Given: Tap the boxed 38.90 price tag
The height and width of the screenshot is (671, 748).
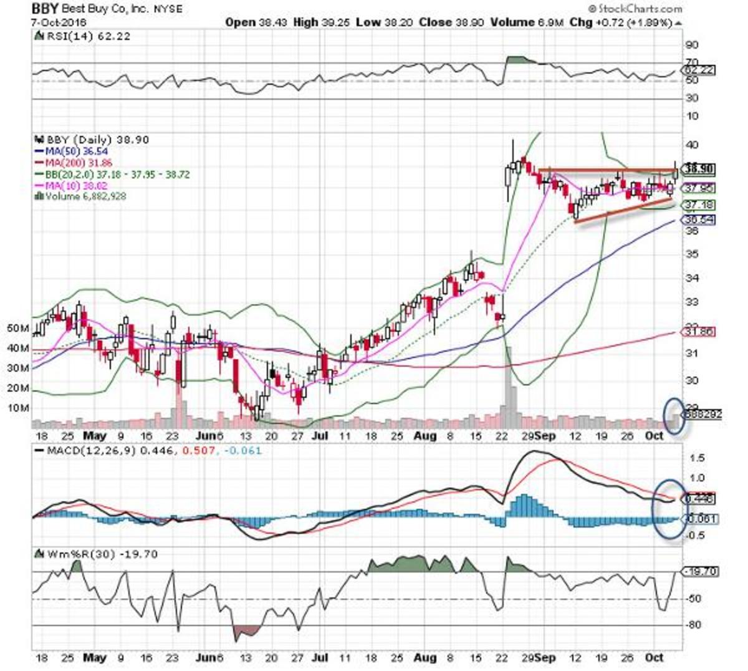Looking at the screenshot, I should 699,169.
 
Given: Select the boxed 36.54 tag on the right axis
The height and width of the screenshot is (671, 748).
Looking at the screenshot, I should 699,220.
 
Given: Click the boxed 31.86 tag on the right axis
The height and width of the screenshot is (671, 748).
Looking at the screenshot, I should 699,332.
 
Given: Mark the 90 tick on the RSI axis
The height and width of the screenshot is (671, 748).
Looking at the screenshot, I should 692,46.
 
